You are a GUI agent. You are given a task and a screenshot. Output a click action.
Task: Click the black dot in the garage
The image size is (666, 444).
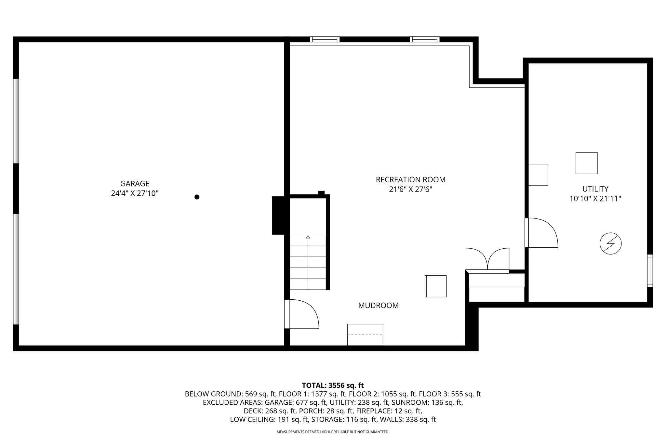click(197, 197)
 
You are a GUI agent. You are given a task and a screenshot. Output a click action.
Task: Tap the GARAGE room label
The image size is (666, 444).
click(135, 184)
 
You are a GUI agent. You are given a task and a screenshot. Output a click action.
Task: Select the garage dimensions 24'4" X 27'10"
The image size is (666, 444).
click(135, 194)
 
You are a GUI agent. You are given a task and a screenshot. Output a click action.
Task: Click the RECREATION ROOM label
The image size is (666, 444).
click(410, 180)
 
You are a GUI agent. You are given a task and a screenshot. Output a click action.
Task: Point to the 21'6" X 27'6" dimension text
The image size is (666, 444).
click(410, 189)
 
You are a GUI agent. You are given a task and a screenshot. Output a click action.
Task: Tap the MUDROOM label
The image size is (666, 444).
click(378, 306)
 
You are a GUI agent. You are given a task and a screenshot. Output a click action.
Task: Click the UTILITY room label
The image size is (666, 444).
click(595, 189)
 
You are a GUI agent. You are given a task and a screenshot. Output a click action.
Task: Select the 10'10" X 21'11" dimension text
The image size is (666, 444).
click(595, 199)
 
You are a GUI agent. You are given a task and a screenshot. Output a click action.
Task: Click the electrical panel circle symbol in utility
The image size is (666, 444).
click(610, 243)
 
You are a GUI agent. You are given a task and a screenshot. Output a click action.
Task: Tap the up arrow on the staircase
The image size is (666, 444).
click(308, 237)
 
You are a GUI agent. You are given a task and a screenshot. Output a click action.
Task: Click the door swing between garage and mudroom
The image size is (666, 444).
click(302, 314)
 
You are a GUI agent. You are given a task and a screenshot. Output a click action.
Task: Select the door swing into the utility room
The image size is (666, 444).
click(541, 232)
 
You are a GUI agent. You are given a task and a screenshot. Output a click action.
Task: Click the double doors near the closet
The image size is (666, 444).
click(487, 259)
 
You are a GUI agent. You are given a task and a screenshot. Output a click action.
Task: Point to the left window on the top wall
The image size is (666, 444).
click(325, 39)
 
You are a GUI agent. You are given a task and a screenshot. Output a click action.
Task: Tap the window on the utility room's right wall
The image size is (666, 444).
click(650, 270)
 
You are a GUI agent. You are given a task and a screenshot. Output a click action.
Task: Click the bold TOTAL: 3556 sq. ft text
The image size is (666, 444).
click(333, 385)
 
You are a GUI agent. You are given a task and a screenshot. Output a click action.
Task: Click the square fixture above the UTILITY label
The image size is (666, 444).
click(586, 163)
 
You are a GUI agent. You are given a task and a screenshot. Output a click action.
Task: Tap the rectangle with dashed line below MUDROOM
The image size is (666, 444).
click(365, 334)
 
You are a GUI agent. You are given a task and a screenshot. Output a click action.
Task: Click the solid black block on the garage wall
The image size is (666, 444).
click(278, 215)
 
